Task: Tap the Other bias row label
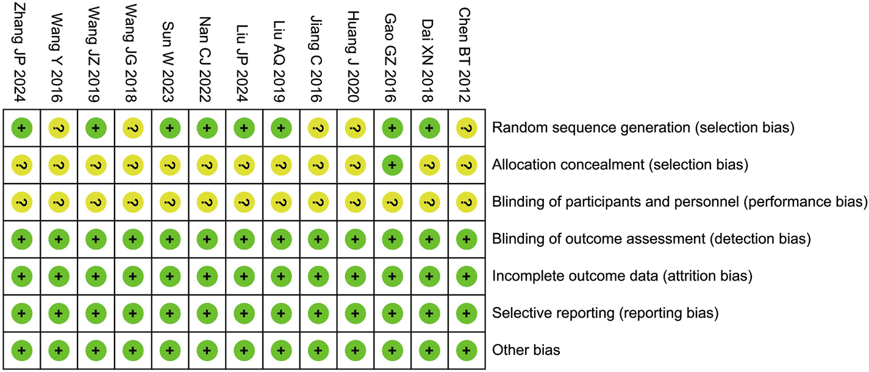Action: (526, 351)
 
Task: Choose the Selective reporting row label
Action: (606, 313)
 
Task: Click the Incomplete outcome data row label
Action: (622, 276)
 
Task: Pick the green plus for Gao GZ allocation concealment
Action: (392, 165)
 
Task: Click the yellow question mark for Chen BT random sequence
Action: (467, 128)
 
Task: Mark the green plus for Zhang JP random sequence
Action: (21, 128)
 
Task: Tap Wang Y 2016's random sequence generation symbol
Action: (59, 128)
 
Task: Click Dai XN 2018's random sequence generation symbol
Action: (429, 128)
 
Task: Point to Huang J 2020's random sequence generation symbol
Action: (355, 128)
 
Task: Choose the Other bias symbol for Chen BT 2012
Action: (467, 351)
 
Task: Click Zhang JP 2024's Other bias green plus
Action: (21, 351)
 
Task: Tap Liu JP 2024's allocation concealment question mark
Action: (244, 165)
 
